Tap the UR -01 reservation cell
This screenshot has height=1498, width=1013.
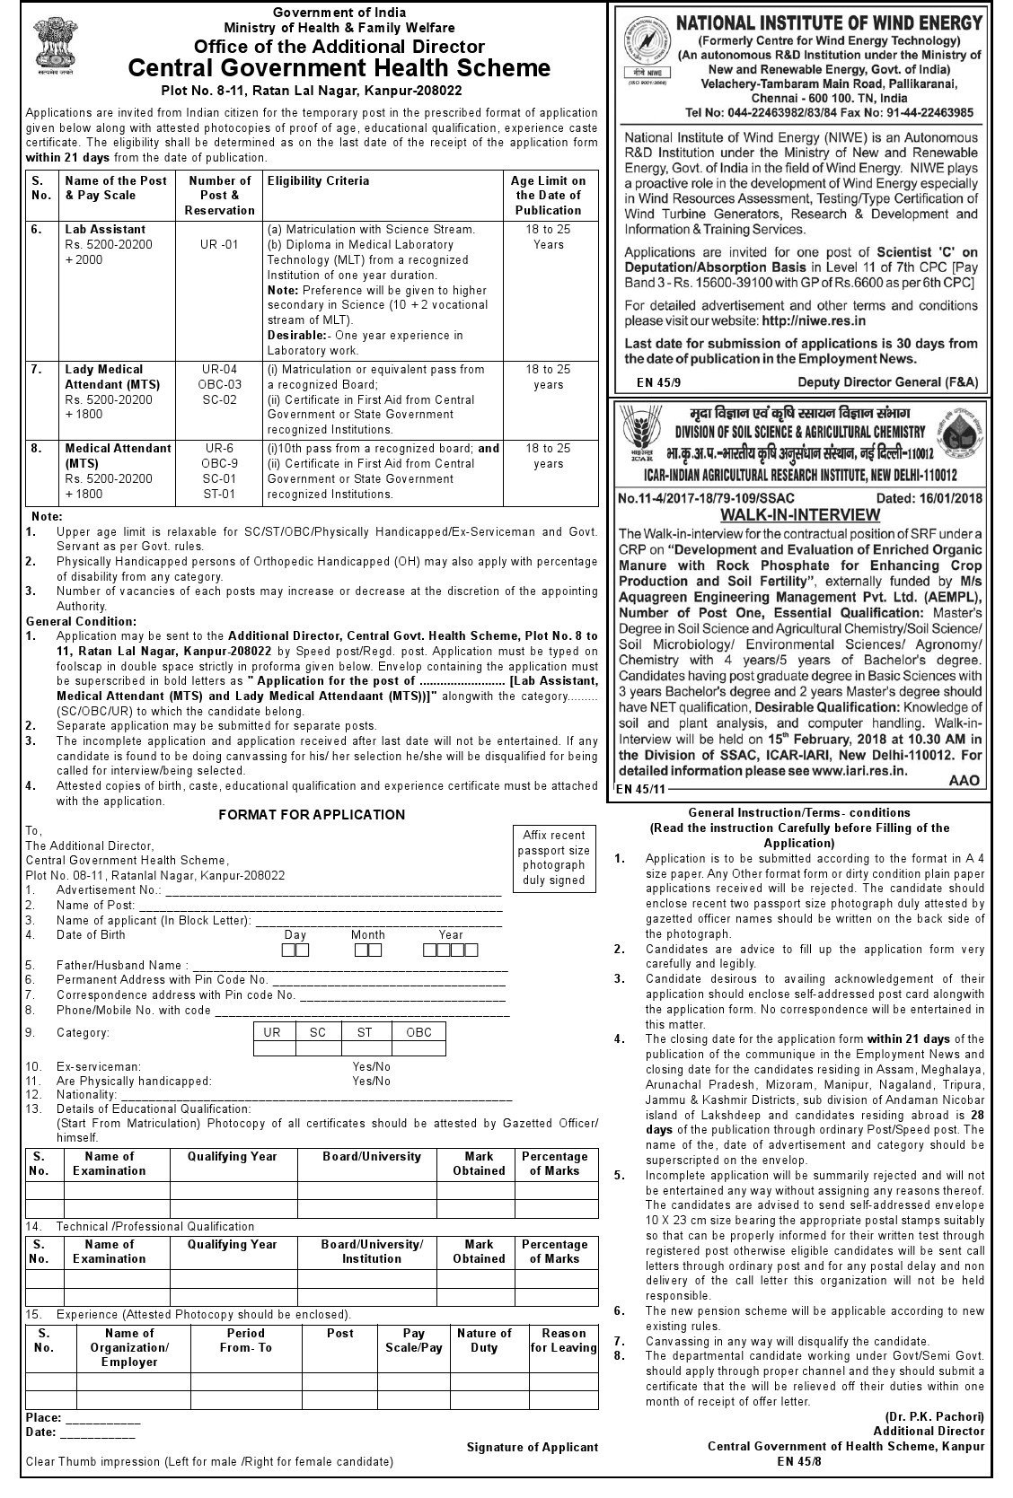click(x=219, y=244)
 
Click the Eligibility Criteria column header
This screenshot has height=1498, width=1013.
click(x=318, y=180)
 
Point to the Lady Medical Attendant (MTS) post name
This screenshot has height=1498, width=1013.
click(x=103, y=376)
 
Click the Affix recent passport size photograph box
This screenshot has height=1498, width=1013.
click(x=554, y=857)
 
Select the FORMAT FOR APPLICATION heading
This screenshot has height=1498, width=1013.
click(x=312, y=815)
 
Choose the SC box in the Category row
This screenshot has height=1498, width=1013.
click(x=318, y=1032)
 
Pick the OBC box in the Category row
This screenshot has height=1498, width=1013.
click(x=418, y=1032)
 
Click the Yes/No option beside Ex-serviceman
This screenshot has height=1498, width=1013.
click(x=372, y=1066)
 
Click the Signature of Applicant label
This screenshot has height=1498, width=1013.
click(x=532, y=1447)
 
